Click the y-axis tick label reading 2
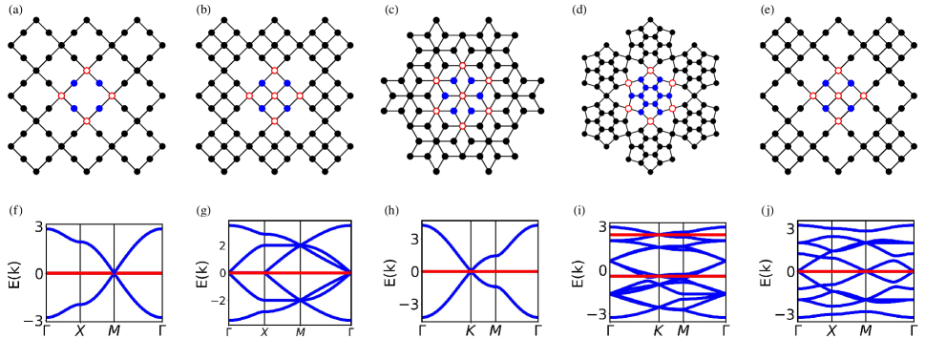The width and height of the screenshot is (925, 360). tap(220, 246)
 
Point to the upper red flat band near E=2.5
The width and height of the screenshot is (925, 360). tap(668, 234)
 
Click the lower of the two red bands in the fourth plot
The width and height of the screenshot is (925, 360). tap(668, 276)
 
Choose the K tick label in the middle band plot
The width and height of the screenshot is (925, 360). tap(470, 331)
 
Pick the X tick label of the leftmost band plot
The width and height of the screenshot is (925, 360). tap(80, 331)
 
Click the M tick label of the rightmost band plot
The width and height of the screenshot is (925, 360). tap(865, 331)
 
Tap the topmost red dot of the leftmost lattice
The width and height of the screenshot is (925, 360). tap(87, 71)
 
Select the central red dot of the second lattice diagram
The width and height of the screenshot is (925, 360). tap(274, 95)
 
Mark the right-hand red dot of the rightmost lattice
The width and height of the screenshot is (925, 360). tap(863, 95)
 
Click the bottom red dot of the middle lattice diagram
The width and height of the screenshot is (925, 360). tap(462, 126)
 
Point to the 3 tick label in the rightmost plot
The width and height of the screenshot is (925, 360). tap(790, 228)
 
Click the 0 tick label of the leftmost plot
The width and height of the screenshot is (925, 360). tap(38, 273)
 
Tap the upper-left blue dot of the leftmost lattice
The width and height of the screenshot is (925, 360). tap(74, 83)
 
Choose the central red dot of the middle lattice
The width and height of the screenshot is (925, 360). tap(462, 95)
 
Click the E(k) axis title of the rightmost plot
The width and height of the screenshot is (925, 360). tap(765, 273)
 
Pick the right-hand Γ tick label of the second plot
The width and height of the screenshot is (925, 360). tap(350, 332)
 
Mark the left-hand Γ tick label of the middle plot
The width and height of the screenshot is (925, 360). tap(421, 331)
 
